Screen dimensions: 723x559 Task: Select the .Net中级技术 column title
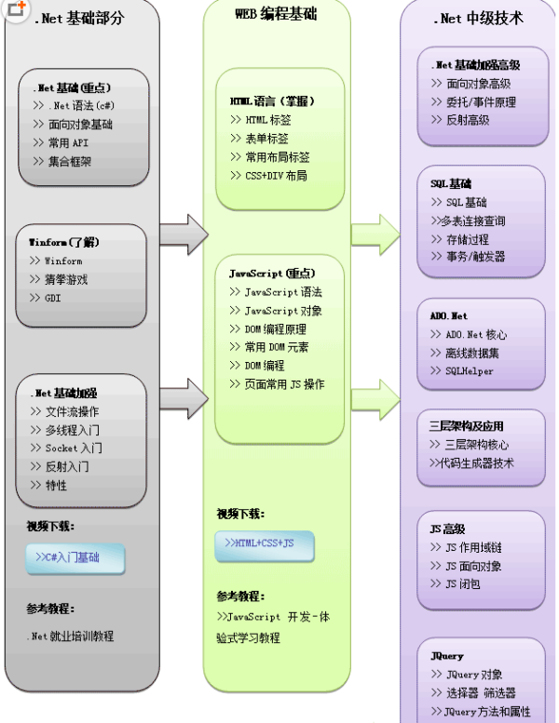[479, 18]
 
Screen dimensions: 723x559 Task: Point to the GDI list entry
[53, 298]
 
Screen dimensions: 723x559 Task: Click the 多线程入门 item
[73, 430]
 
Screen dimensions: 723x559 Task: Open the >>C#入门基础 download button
[75, 558]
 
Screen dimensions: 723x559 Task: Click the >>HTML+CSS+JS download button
[265, 543]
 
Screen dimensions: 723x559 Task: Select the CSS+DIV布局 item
[276, 175]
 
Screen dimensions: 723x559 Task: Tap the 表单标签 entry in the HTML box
[266, 139]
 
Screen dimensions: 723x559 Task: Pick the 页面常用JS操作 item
[283, 383]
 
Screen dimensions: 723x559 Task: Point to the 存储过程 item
[466, 238]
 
